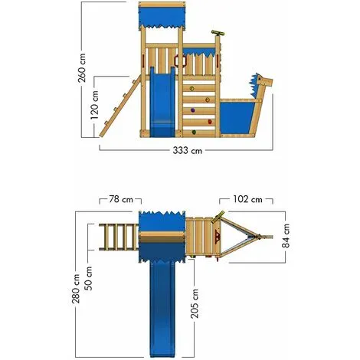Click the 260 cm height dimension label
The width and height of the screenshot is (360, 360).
click(82, 67)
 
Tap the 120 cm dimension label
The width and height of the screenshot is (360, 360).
click(94, 105)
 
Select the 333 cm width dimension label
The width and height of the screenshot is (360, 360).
click(188, 150)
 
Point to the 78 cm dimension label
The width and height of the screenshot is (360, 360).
click(121, 199)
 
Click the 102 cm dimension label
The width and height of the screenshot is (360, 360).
click(247, 199)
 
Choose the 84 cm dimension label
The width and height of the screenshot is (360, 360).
click(286, 236)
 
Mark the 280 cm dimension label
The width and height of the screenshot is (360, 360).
click(76, 289)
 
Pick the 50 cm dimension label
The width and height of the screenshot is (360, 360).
click(89, 279)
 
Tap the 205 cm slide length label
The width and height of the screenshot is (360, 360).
click(195, 303)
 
